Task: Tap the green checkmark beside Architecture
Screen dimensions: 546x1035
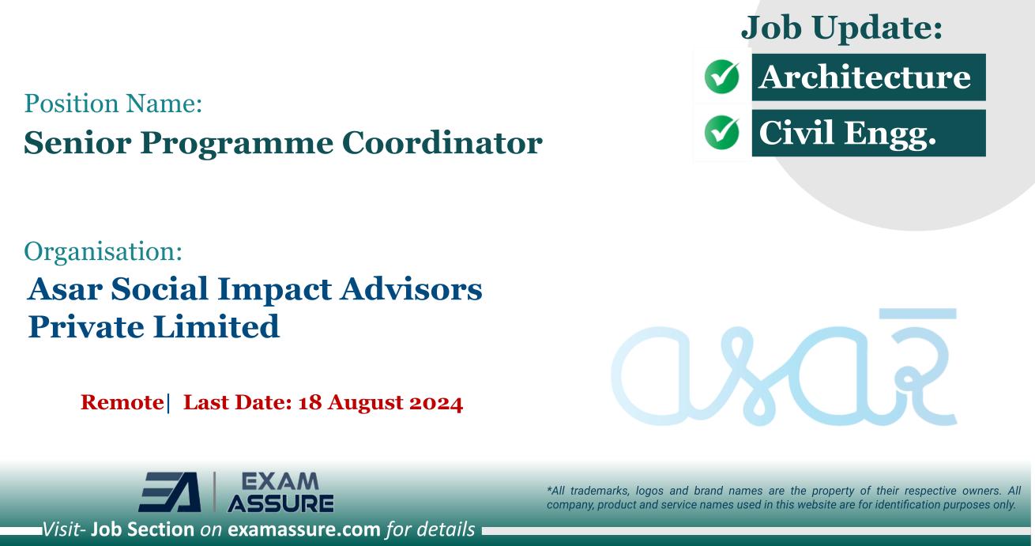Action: (x=721, y=77)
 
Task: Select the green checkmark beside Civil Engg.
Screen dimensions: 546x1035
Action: (x=721, y=133)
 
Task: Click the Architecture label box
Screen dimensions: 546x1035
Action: (x=868, y=77)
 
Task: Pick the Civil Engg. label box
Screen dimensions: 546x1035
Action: (x=868, y=133)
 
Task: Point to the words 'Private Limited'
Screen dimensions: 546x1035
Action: (x=153, y=326)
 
